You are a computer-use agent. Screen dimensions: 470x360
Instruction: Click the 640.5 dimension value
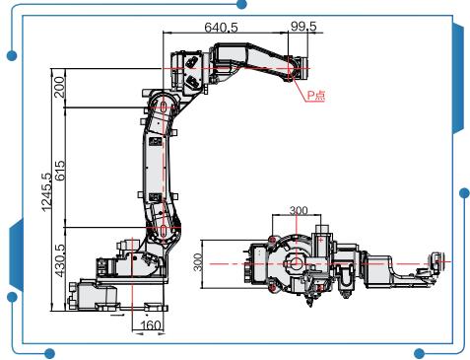(221, 28)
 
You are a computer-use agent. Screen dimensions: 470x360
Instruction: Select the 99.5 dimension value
(303, 26)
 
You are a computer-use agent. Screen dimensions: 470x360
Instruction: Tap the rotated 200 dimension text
(59, 87)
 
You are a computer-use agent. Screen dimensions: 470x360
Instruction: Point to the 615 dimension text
(60, 171)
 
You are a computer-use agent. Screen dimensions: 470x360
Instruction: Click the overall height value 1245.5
(46, 192)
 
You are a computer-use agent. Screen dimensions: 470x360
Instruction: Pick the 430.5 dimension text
(60, 260)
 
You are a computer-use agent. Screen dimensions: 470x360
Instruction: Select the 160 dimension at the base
(151, 325)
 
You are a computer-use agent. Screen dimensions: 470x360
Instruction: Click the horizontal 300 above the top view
(299, 210)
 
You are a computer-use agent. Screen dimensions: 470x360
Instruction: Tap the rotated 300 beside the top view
(198, 262)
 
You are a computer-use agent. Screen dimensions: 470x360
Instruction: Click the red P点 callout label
(316, 95)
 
